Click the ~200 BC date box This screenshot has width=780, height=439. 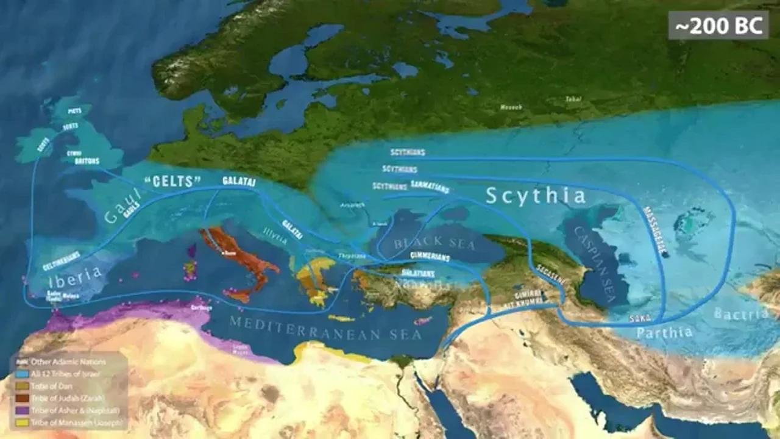[x=718, y=25]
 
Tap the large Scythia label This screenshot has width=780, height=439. [x=536, y=196]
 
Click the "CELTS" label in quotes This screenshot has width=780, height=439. [x=172, y=181]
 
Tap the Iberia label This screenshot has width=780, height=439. [x=76, y=274]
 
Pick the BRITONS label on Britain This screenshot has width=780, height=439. [x=87, y=162]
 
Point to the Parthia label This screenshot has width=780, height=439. [x=665, y=332]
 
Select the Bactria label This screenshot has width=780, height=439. [x=741, y=314]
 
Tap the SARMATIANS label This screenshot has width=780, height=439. [x=431, y=184]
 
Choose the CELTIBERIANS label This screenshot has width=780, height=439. [x=62, y=260]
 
